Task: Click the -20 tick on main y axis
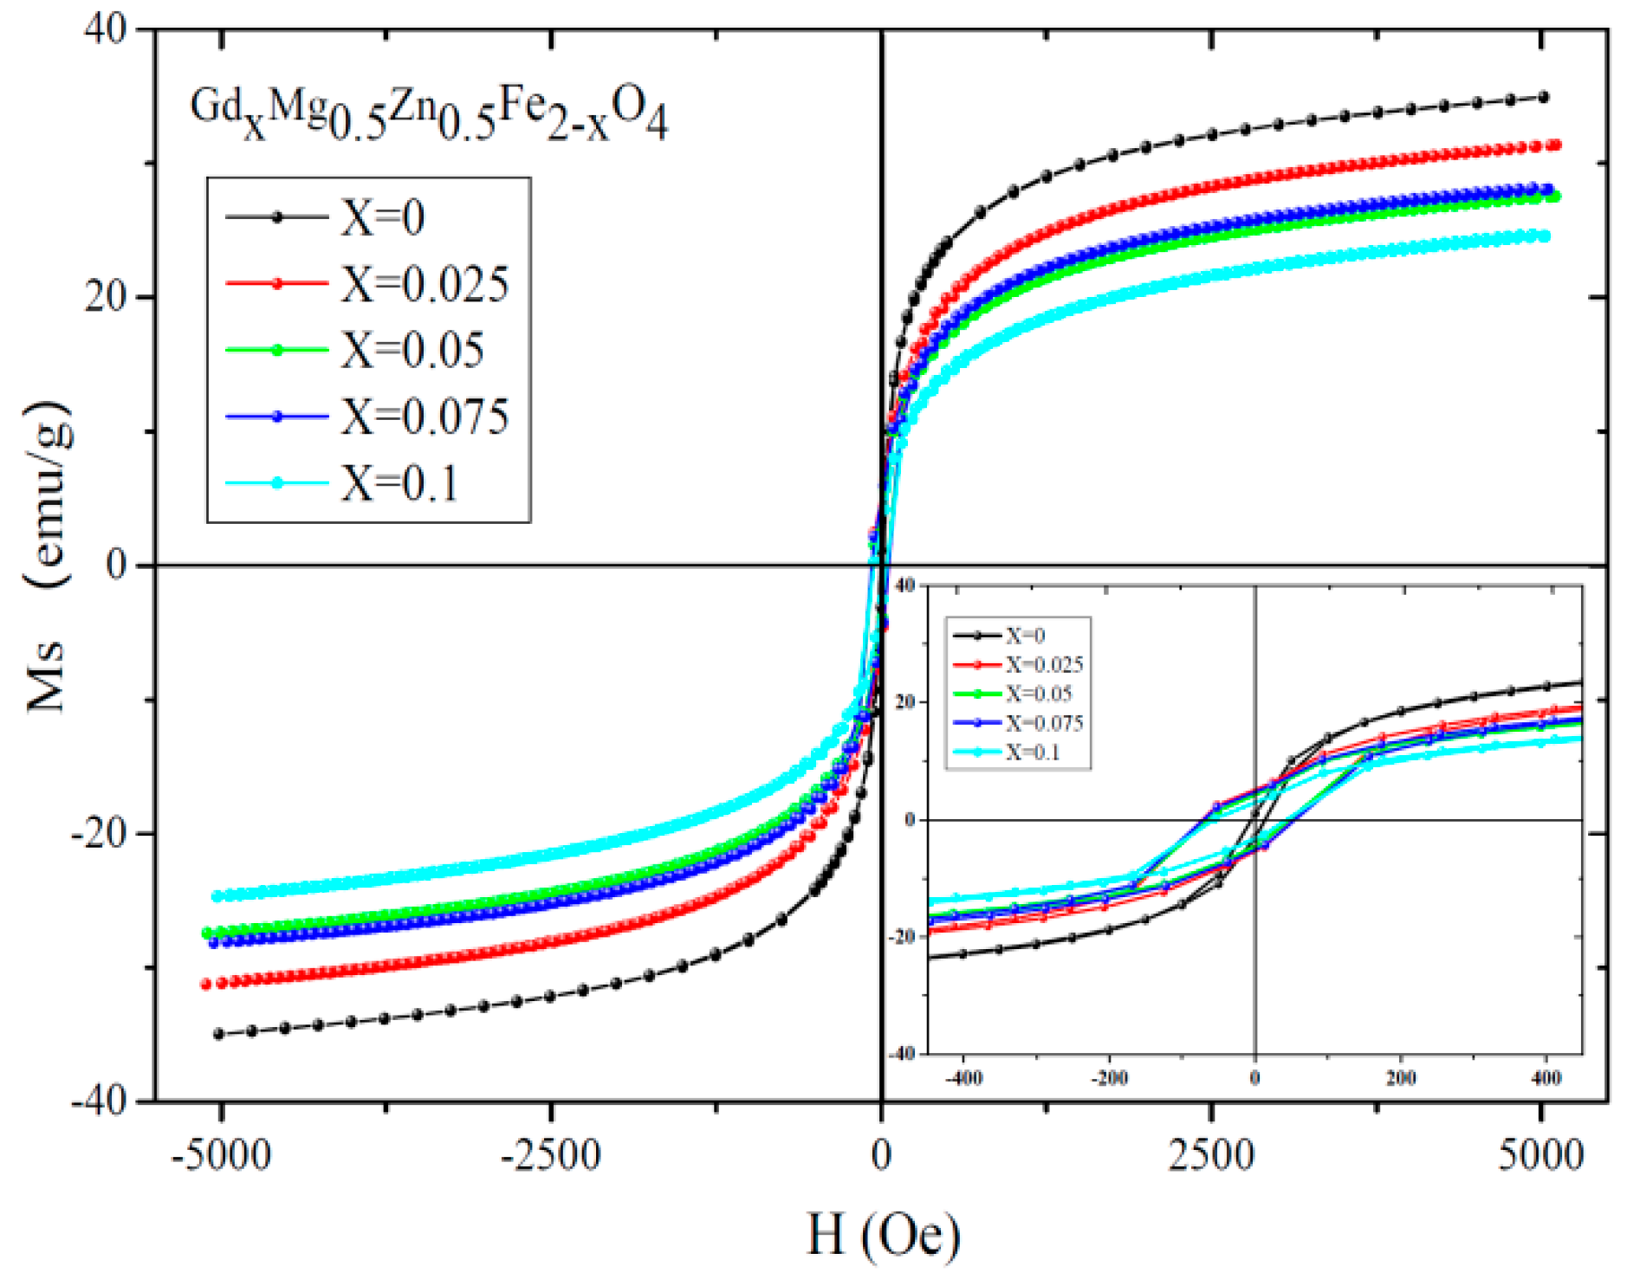click(99, 833)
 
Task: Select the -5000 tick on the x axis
click(221, 1156)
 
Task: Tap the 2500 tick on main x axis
click(1211, 1156)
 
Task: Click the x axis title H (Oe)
click(883, 1234)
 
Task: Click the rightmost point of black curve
click(1543, 98)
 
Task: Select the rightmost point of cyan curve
click(1544, 236)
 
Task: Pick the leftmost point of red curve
click(206, 984)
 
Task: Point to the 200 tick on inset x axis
click(1401, 1078)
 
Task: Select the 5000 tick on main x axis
click(1541, 1156)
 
